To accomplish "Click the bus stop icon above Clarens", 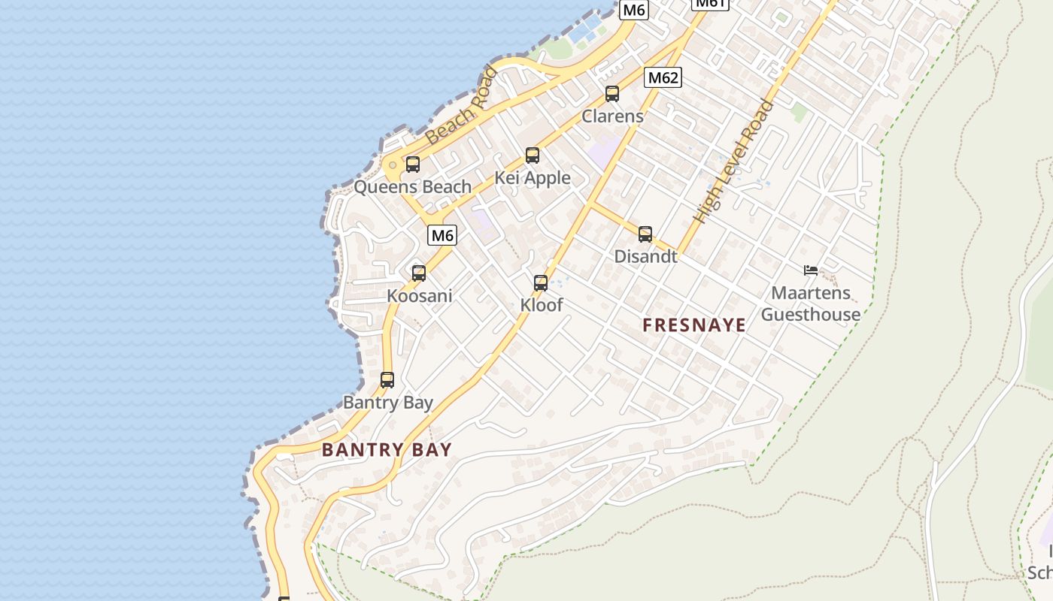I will [612, 94].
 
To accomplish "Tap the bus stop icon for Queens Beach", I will [413, 165].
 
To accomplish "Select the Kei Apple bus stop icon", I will [533, 156].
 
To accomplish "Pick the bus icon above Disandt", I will [645, 234].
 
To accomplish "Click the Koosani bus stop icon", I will [419, 273].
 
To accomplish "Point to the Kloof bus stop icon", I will [541, 283].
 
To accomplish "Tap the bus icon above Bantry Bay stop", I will [387, 380].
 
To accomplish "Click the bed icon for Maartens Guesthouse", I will [810, 270].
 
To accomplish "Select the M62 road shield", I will [663, 77].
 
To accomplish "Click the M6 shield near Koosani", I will [442, 235].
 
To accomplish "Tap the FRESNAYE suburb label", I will [694, 325].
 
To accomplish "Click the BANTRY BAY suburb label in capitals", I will [387, 450].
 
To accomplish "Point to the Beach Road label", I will [462, 107].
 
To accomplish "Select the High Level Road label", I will [734, 161].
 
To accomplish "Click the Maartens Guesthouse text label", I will [811, 304].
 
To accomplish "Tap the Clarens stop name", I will [613, 116].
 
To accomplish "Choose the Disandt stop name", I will [645, 256].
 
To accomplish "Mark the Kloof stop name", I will [542, 305].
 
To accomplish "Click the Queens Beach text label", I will [413, 186].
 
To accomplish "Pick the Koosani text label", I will [420, 295].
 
